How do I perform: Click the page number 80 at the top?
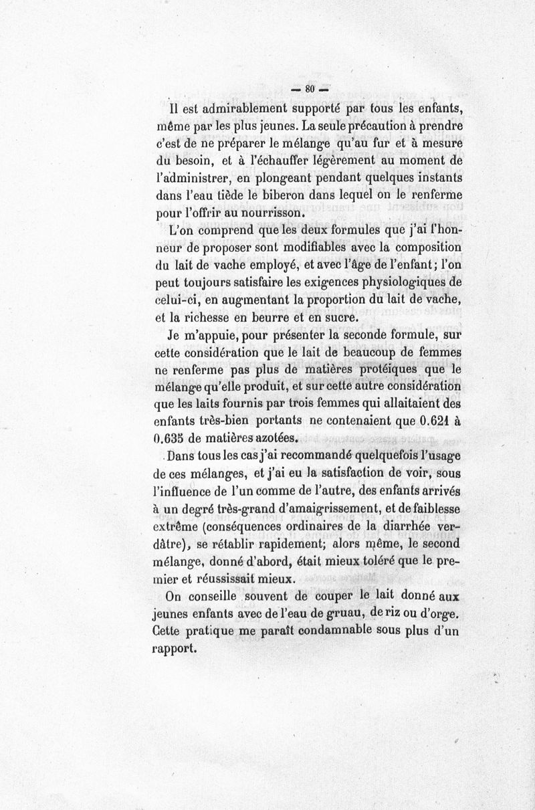pos(309,88)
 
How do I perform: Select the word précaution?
pos(370,126)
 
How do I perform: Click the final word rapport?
pos(173,649)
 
